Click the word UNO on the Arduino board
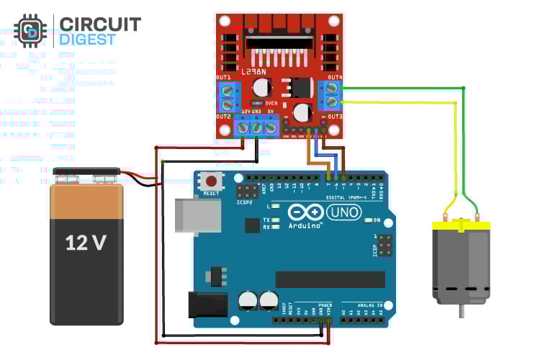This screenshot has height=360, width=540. point(343,212)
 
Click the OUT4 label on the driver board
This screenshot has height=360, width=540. point(334,77)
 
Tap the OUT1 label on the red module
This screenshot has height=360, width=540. point(223,77)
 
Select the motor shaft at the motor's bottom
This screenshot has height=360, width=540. point(461,311)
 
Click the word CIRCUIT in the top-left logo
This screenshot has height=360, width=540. point(100,24)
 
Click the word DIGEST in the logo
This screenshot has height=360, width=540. point(86,40)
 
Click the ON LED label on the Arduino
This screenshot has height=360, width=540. point(376,220)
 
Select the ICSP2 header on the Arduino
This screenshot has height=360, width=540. point(248,192)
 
